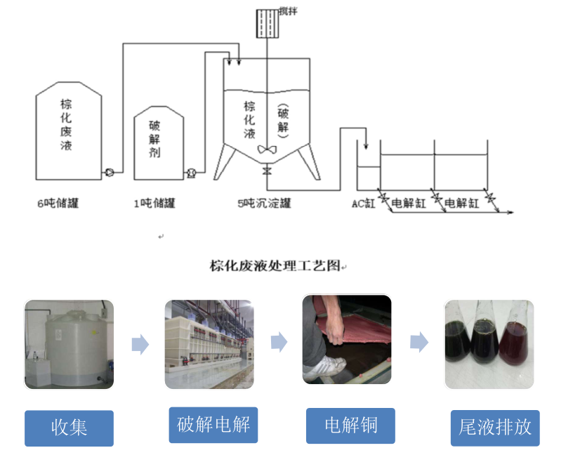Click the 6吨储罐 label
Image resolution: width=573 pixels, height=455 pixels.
coord(58,204)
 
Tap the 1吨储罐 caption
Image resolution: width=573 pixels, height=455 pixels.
coord(154,204)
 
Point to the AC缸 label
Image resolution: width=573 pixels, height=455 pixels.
coord(364,204)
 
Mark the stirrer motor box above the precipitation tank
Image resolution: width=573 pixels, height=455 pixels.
coord(268,22)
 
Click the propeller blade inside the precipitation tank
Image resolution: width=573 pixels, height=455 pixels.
coord(266,149)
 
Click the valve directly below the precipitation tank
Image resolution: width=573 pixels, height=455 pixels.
coord(266,171)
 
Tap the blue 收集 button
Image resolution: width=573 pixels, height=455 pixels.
coord(69,428)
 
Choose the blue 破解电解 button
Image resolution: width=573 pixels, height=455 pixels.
coord(213,425)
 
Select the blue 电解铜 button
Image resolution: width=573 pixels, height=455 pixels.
coord(350,426)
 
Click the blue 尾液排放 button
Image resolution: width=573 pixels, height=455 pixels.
coord(495,428)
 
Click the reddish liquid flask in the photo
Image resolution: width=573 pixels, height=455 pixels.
coord(515,344)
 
